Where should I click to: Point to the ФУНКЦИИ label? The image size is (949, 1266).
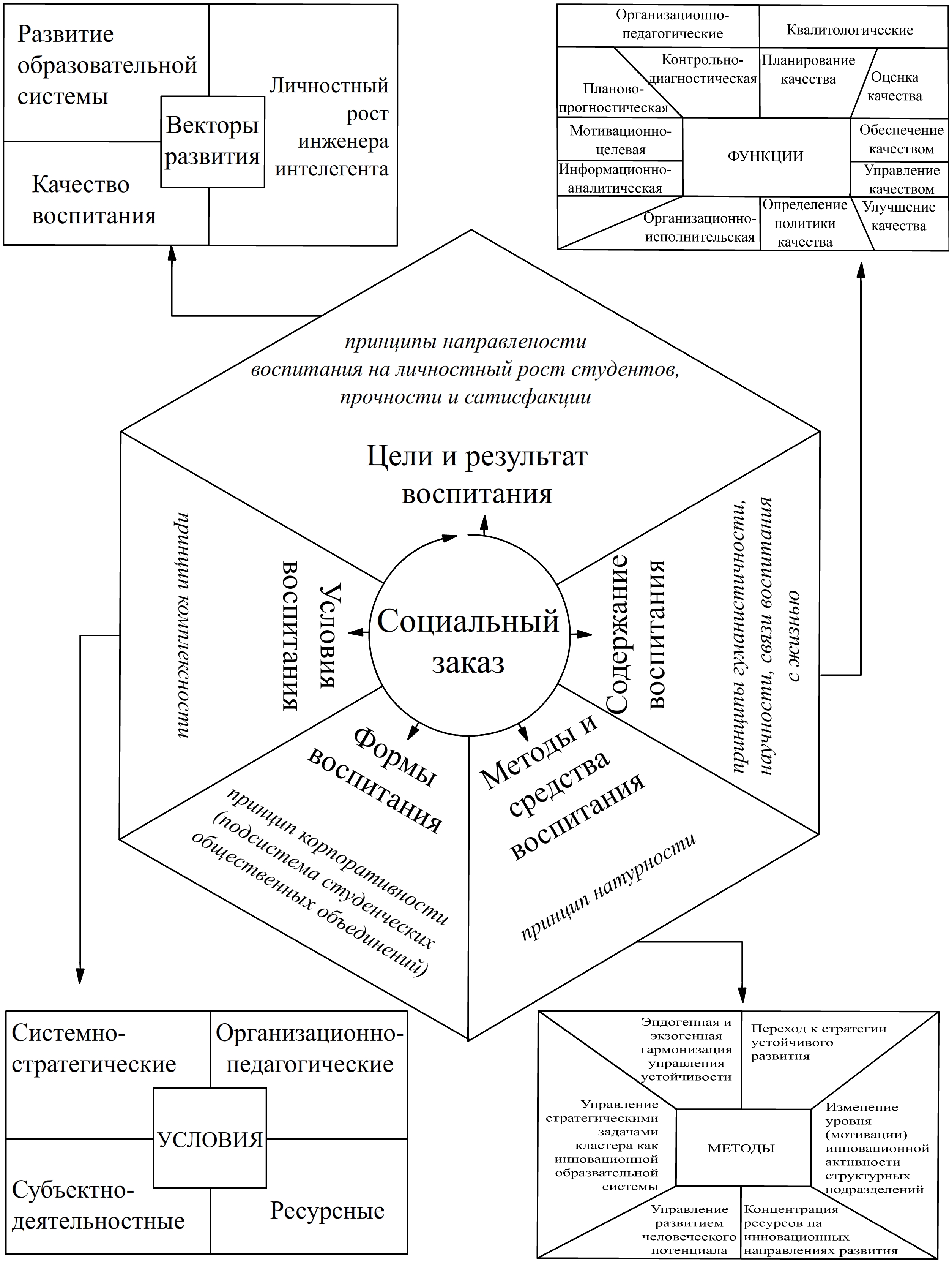click(x=765, y=156)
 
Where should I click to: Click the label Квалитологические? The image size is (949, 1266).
click(x=850, y=30)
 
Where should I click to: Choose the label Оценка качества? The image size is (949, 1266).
click(x=895, y=87)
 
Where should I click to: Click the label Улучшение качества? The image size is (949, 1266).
click(x=899, y=217)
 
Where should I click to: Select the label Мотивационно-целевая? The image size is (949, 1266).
click(x=621, y=140)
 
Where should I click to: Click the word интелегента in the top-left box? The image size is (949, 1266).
click(x=332, y=169)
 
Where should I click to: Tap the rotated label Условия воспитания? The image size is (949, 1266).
click(x=309, y=635)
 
